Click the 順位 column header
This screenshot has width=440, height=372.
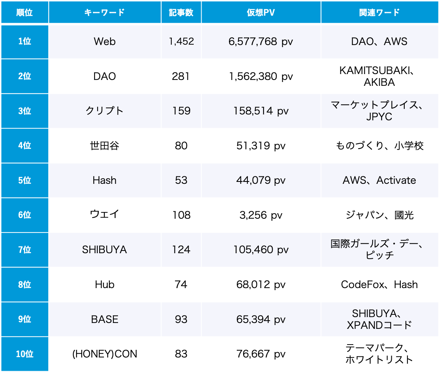(x=24, y=13)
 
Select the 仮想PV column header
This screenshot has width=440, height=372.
(x=261, y=13)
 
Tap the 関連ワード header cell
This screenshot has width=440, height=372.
(x=379, y=13)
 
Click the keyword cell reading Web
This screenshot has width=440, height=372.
(x=105, y=42)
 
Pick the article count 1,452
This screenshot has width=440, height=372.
(x=181, y=42)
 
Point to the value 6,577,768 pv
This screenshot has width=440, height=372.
(x=261, y=42)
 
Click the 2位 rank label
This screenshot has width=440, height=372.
(x=24, y=76)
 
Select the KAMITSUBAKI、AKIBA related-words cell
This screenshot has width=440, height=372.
(x=379, y=76)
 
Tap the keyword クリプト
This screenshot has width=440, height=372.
(x=105, y=111)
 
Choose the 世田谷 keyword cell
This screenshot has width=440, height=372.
(x=105, y=146)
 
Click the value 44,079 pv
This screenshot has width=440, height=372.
(x=261, y=180)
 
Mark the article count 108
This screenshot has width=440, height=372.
(x=181, y=215)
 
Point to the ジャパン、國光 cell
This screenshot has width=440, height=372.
(x=379, y=215)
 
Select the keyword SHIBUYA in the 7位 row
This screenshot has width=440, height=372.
(x=105, y=250)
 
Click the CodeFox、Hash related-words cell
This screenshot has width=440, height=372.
(x=379, y=285)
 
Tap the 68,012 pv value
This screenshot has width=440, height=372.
(x=261, y=285)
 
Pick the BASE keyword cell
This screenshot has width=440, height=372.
(x=105, y=319)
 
